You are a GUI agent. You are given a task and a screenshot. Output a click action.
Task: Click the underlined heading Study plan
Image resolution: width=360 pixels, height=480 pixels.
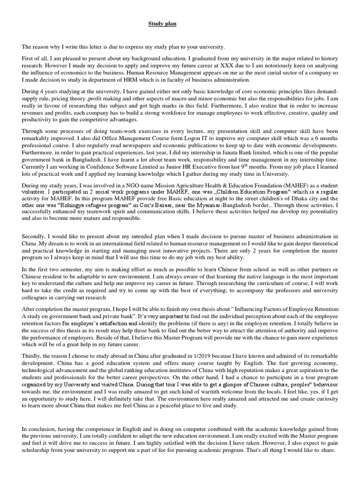click(x=162, y=23)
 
